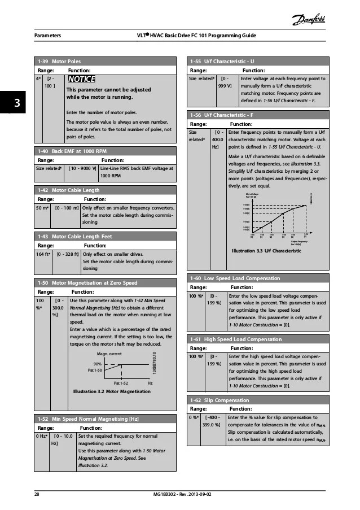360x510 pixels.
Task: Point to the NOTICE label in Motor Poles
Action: [81, 79]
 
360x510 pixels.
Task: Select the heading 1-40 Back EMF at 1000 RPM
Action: [71, 151]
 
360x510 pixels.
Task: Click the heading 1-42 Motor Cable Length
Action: [68, 190]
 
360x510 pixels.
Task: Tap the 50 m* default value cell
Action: [43, 208]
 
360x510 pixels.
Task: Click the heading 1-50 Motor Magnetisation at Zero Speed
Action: [87, 282]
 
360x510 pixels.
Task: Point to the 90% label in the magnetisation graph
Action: [97, 363]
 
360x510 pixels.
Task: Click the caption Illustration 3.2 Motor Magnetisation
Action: [112, 391]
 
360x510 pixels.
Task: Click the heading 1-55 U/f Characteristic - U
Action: [222, 61]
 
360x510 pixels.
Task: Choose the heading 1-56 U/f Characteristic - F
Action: [221, 115]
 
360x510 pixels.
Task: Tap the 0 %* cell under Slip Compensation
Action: [196, 418]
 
